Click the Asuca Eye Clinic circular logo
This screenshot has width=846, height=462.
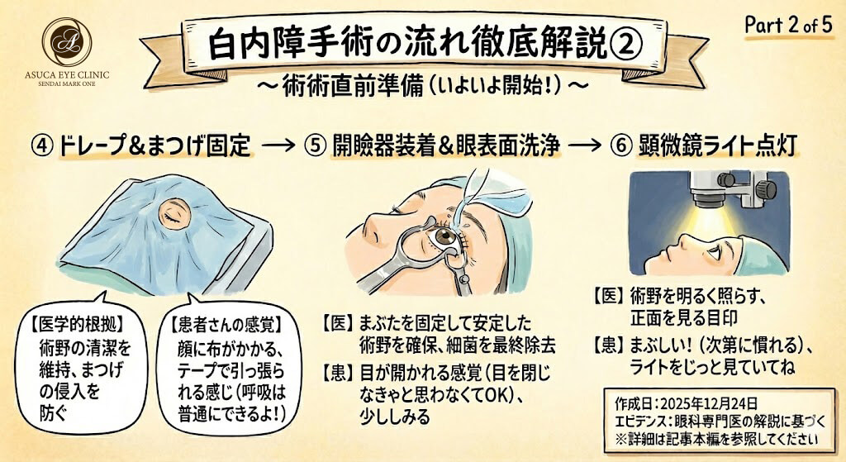(67, 41)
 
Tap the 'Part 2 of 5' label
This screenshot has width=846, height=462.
(788, 25)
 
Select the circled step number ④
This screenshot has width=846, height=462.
(43, 145)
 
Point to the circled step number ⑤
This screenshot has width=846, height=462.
(314, 145)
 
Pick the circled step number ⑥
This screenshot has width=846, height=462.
(620, 145)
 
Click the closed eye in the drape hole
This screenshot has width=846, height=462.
(175, 214)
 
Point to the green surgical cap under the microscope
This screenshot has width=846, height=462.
(762, 257)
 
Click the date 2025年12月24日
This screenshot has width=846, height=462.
(708, 403)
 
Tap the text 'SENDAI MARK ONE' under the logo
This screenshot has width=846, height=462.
(67, 84)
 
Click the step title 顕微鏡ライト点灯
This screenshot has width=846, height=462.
(718, 145)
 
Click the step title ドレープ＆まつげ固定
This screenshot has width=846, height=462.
(154, 145)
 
